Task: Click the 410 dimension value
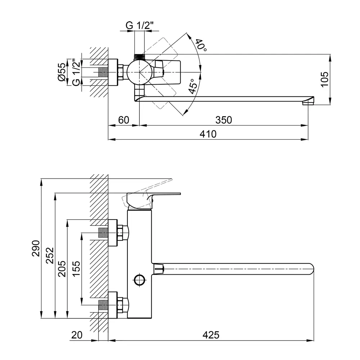click(x=208, y=134)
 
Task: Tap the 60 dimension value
click(x=123, y=120)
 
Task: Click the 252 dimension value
click(x=50, y=256)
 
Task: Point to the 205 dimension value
click(x=62, y=269)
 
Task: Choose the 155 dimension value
click(x=76, y=269)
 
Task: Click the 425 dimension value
click(x=211, y=335)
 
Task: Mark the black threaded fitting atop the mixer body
click(x=139, y=57)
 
